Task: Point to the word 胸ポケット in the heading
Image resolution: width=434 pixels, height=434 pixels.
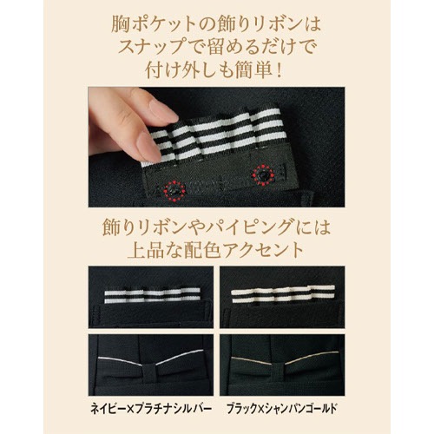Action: point(161,19)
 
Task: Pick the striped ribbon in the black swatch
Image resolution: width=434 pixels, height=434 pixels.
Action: point(282,296)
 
